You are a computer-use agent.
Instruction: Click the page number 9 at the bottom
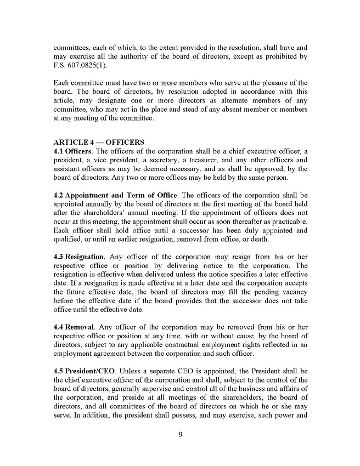(x=180, y=435)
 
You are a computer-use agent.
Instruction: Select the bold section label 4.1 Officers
(x=74, y=151)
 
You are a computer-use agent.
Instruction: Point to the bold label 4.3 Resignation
(x=78, y=257)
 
